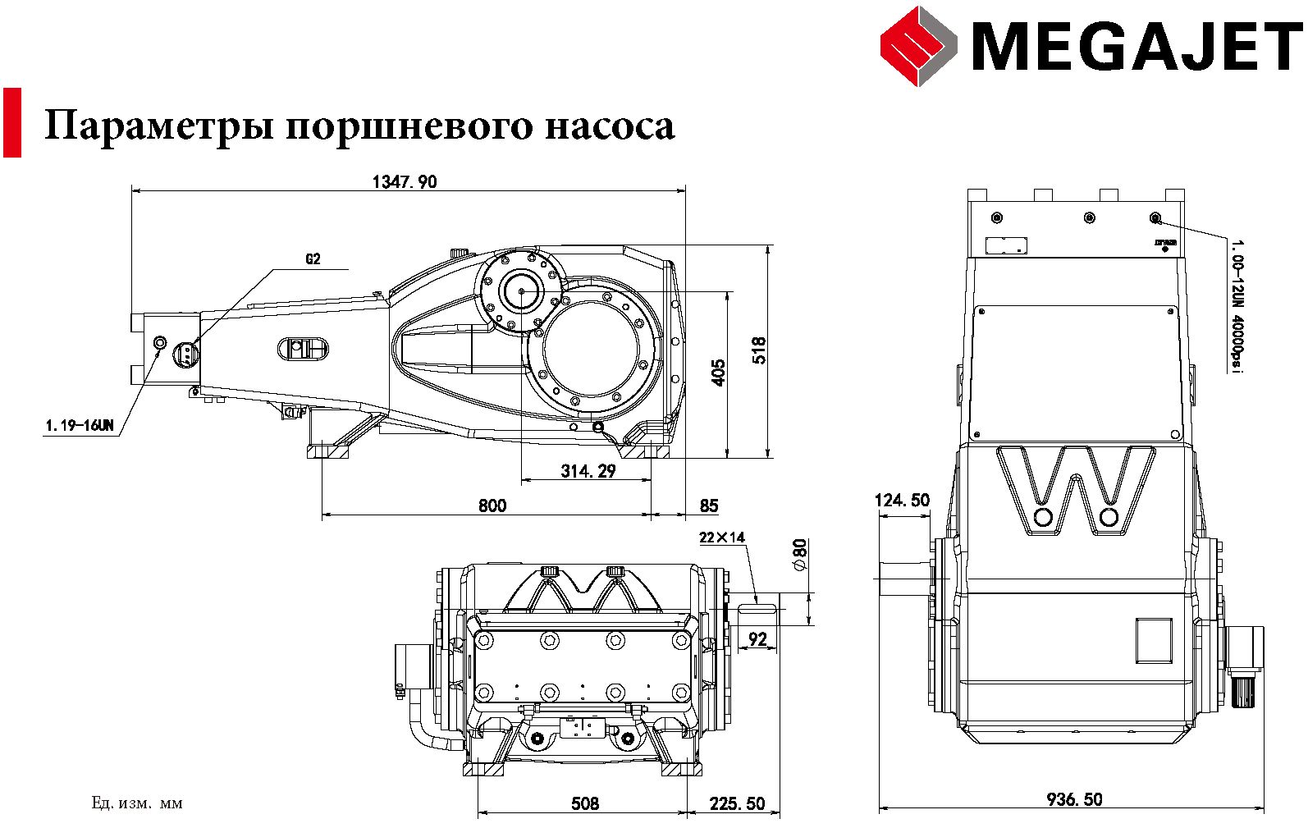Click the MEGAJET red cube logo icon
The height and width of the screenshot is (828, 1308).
918,46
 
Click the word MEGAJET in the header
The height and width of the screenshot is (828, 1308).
1136,47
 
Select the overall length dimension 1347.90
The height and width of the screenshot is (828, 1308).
405,182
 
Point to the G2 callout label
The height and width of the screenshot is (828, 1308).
313,259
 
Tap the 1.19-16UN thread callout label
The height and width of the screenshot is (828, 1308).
80,426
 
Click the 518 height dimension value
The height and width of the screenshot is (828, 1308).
759,350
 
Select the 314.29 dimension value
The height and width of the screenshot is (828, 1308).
588,471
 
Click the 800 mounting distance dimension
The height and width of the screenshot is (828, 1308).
492,505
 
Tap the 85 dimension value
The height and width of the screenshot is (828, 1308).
708,505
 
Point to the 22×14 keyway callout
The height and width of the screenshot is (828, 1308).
722,538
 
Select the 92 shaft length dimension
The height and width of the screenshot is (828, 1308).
757,638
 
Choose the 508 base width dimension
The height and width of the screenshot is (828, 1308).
584,803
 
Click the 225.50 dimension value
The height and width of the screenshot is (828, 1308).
737,803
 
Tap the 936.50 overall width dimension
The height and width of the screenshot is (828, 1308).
1074,798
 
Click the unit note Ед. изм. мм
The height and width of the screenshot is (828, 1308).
137,803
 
